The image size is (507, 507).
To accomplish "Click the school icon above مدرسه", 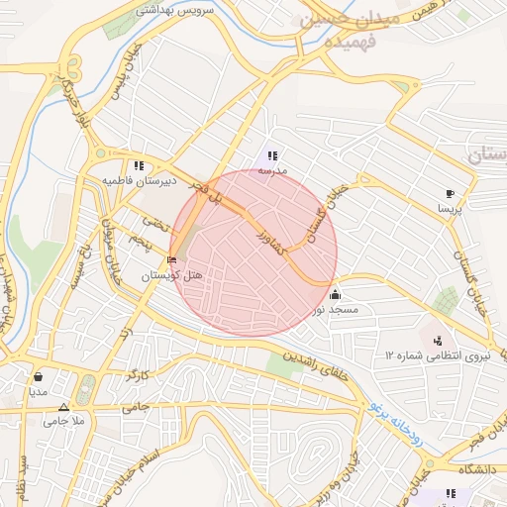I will [271, 155].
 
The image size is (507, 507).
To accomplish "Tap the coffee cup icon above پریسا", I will [451, 193].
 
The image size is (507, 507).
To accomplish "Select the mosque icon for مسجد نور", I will [335, 294].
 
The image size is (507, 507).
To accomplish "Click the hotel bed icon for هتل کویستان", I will [174, 260].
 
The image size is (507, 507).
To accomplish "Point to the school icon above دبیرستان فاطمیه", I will [139, 166].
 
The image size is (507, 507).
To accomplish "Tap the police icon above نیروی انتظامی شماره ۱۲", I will [438, 341].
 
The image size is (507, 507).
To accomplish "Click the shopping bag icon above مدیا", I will [39, 376].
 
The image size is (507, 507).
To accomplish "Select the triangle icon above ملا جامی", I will [64, 407].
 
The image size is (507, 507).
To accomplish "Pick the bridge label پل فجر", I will [214, 192].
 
